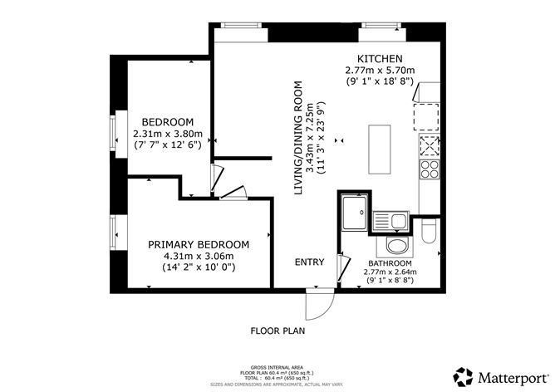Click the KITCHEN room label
click(x=380, y=58)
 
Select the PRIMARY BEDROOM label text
click(x=199, y=244)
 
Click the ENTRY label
click(x=309, y=262)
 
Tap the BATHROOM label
click(x=390, y=262)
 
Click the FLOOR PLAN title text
click(x=278, y=330)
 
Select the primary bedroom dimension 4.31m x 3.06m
click(x=199, y=256)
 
